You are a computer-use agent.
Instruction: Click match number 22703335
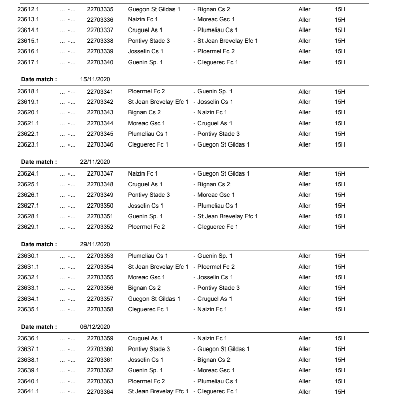100,9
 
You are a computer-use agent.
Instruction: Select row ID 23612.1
28,9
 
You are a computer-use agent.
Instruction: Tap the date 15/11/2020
95,80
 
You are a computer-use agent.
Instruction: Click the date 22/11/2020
95,162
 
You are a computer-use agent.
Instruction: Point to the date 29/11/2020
95,245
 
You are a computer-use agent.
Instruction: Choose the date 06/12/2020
95,327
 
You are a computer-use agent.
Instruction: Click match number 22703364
100,391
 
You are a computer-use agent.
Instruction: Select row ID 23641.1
28,391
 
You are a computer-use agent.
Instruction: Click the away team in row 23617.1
217,63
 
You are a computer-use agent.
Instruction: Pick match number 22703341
100,92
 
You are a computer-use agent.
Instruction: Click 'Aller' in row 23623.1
304,145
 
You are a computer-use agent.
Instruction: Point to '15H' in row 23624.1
340,174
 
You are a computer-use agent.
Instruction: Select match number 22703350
100,206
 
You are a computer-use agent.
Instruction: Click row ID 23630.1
28,256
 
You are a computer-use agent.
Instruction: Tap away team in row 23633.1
218,288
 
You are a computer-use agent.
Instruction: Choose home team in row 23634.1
154,299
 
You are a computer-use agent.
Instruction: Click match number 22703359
100,339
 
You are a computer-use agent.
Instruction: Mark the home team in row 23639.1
146,370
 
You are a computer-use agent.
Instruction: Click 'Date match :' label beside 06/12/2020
39,327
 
